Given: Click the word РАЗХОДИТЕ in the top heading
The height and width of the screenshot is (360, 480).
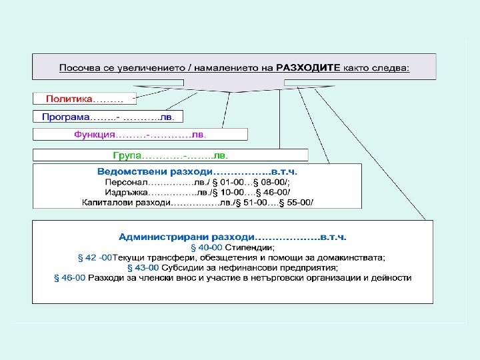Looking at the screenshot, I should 308,68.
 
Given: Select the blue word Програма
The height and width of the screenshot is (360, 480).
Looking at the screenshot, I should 62,117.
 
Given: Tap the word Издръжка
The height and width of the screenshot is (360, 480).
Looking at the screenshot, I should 124,192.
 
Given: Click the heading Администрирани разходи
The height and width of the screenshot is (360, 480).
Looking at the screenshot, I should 187,237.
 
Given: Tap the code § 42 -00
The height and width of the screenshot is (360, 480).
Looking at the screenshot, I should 94,257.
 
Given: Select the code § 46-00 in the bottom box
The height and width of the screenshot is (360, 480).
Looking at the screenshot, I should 69,277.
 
